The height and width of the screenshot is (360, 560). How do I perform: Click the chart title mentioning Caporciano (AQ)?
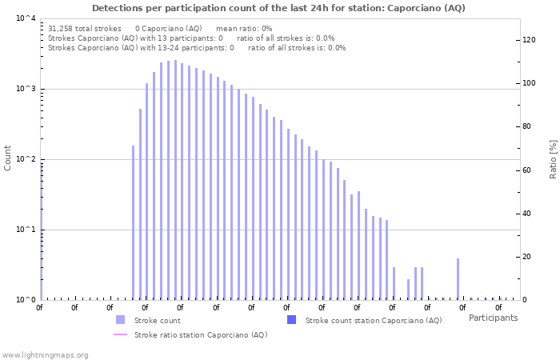[278, 8]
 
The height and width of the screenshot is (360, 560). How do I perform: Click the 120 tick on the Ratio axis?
[529, 40]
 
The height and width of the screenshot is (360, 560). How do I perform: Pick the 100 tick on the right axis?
[529, 83]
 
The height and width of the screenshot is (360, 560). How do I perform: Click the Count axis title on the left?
[8, 158]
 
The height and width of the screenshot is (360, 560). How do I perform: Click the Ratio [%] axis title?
[553, 158]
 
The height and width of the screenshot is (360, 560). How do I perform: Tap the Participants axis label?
[493, 318]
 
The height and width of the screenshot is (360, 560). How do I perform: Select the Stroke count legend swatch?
[121, 320]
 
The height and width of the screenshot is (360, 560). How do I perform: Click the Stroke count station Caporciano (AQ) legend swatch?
[291, 320]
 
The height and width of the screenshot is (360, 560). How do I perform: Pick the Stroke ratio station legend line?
[121, 334]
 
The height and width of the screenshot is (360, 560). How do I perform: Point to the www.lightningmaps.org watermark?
[45, 354]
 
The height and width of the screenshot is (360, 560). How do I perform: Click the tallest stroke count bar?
[175, 180]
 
